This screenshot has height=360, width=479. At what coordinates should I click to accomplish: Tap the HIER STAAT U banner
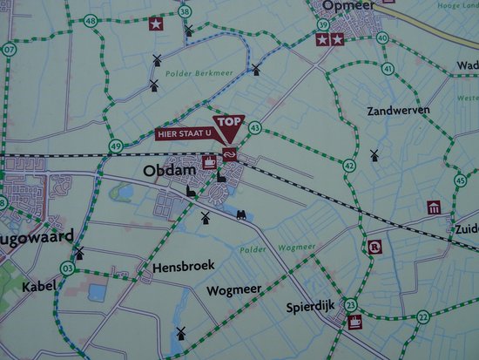pos(183,134)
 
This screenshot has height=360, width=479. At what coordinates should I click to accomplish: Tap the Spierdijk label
pos(311,308)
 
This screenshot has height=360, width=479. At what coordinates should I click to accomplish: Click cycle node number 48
pos(91,20)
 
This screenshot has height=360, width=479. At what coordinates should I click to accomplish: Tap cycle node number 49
pos(116,146)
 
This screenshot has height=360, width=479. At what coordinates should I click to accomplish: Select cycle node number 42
pos(349,164)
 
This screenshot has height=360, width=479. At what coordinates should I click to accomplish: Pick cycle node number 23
pos(351,304)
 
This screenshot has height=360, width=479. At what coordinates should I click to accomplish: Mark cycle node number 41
pos(388,69)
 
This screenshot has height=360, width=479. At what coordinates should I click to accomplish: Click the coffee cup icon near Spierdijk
pos(355,322)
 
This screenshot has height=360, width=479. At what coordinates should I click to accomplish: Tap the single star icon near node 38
pos(156,24)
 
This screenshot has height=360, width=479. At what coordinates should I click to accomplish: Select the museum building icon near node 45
pos(434,207)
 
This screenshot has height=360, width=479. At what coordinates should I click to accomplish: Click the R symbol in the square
pos(374,248)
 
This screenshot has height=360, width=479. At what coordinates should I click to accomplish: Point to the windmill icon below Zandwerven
pos(374,155)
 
